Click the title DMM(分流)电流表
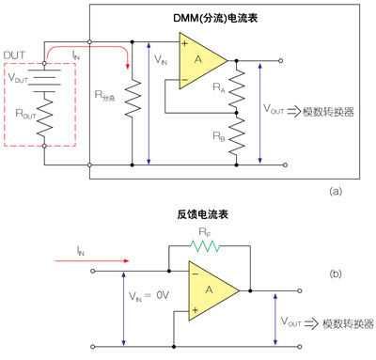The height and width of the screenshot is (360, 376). (215, 18)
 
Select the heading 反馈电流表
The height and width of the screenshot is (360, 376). (202, 214)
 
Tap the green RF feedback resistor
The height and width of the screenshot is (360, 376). (205, 246)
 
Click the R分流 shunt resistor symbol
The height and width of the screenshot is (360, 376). (132, 99)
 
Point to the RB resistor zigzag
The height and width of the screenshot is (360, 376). (237, 136)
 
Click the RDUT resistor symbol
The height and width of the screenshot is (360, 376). (44, 117)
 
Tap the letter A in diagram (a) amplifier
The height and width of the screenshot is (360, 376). (198, 59)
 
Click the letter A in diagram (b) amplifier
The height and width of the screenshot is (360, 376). (209, 290)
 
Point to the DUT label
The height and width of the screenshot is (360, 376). (14, 55)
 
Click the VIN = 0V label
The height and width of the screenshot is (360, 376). (149, 295)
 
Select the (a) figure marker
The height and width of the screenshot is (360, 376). (336, 191)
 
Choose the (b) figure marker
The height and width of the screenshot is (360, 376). (336, 274)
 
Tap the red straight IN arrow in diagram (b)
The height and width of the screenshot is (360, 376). (92, 260)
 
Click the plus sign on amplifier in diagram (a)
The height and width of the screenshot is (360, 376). (185, 43)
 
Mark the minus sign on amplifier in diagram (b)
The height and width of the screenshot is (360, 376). (196, 274)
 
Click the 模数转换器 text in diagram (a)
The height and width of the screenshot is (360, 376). (328, 112)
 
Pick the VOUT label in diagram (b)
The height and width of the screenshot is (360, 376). (290, 321)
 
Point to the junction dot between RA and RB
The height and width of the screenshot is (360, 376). (237, 113)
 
